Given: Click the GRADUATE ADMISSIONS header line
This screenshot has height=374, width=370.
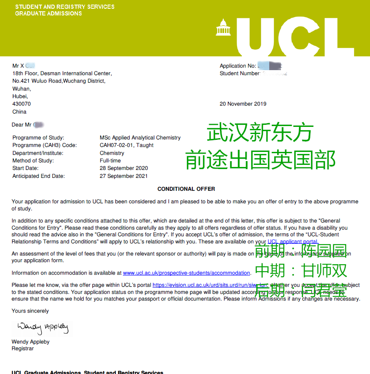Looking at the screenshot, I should point(48,13).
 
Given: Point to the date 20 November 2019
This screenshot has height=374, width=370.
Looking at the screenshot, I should point(243,104).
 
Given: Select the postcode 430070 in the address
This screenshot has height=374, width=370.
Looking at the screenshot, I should point(22,104).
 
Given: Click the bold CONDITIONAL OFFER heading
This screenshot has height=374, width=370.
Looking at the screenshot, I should point(186,189).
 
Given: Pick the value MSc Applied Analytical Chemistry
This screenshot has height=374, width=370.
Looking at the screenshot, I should point(140,138).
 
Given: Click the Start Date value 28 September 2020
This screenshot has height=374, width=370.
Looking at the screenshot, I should point(124,168).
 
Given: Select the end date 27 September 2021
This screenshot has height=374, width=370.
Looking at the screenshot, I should point(124,176).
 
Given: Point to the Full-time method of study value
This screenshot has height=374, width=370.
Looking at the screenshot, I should point(110,161).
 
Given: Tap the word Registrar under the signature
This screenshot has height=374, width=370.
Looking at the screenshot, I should point(23,349).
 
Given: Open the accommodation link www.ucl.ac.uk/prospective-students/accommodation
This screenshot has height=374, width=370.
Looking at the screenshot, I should point(186,273).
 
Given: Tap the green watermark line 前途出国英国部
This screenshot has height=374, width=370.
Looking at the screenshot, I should point(260,160).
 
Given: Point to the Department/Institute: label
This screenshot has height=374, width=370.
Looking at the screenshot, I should point(38,153).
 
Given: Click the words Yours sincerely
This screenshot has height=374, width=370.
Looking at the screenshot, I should point(30,311).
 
